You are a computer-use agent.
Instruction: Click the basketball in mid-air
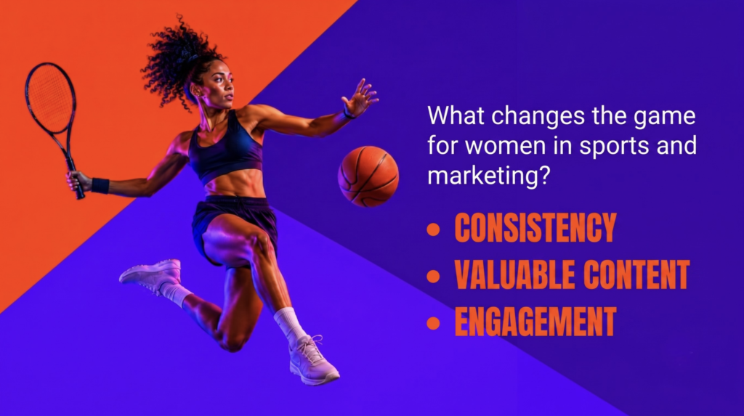(368, 176)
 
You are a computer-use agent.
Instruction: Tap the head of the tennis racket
(50, 98)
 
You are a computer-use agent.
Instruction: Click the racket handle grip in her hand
(76, 179)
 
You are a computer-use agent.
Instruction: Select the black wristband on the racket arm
(100, 185)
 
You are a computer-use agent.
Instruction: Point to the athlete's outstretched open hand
(360, 98)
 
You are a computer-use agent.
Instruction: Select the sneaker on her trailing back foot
(152, 274)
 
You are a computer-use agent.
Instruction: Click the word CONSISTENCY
(535, 228)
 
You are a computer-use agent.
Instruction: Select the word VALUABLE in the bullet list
(515, 274)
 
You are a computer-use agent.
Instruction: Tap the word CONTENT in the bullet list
(636, 274)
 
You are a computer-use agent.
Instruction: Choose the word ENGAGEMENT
(535, 322)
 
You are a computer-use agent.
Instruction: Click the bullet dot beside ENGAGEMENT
(433, 323)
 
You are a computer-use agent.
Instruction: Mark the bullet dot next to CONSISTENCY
(433, 229)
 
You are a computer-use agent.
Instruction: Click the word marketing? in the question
(488, 176)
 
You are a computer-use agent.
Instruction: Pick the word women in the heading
(506, 145)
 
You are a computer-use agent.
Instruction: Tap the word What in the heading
(456, 115)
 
